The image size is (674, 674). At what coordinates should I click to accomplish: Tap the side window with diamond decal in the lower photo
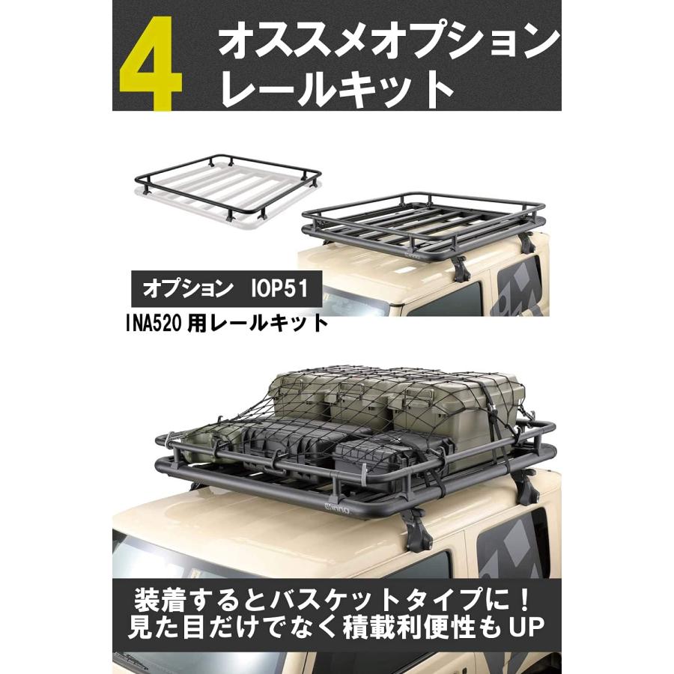pyautogui.click(x=517, y=554)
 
